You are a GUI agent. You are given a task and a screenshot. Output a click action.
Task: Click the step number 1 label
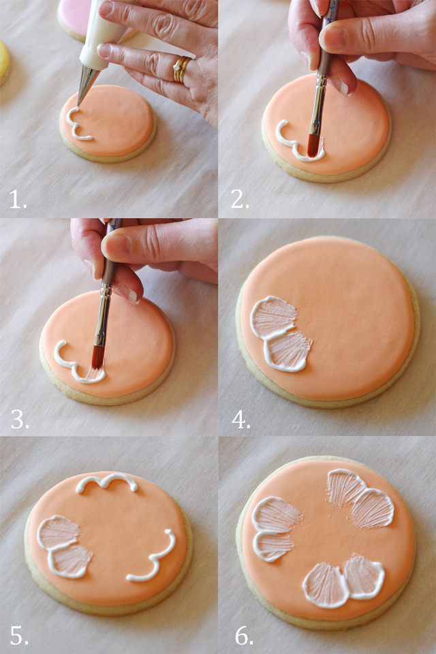click(x=18, y=200)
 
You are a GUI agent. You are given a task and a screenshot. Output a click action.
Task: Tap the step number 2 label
click(x=240, y=200)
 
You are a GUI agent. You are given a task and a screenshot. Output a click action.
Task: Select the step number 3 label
click(x=20, y=419)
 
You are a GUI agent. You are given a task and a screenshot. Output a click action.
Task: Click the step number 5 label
click(x=19, y=636)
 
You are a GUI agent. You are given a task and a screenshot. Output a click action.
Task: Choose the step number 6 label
click(x=244, y=636)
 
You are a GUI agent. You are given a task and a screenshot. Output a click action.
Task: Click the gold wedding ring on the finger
click(x=181, y=69)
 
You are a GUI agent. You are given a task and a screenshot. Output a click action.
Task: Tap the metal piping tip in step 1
click(x=87, y=86)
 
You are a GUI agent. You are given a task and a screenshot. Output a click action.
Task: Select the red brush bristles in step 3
click(x=97, y=357)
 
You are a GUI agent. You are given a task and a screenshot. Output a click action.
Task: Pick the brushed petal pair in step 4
click(x=281, y=334)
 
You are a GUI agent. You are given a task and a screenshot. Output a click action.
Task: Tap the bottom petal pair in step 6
click(x=343, y=580)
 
